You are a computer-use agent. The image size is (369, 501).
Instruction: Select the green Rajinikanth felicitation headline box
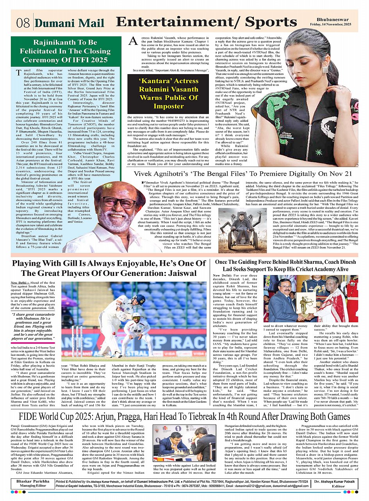pyautogui.click(x=65, y=51)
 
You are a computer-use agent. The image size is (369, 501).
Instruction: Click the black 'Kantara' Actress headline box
pyautogui.click(x=163, y=94)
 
